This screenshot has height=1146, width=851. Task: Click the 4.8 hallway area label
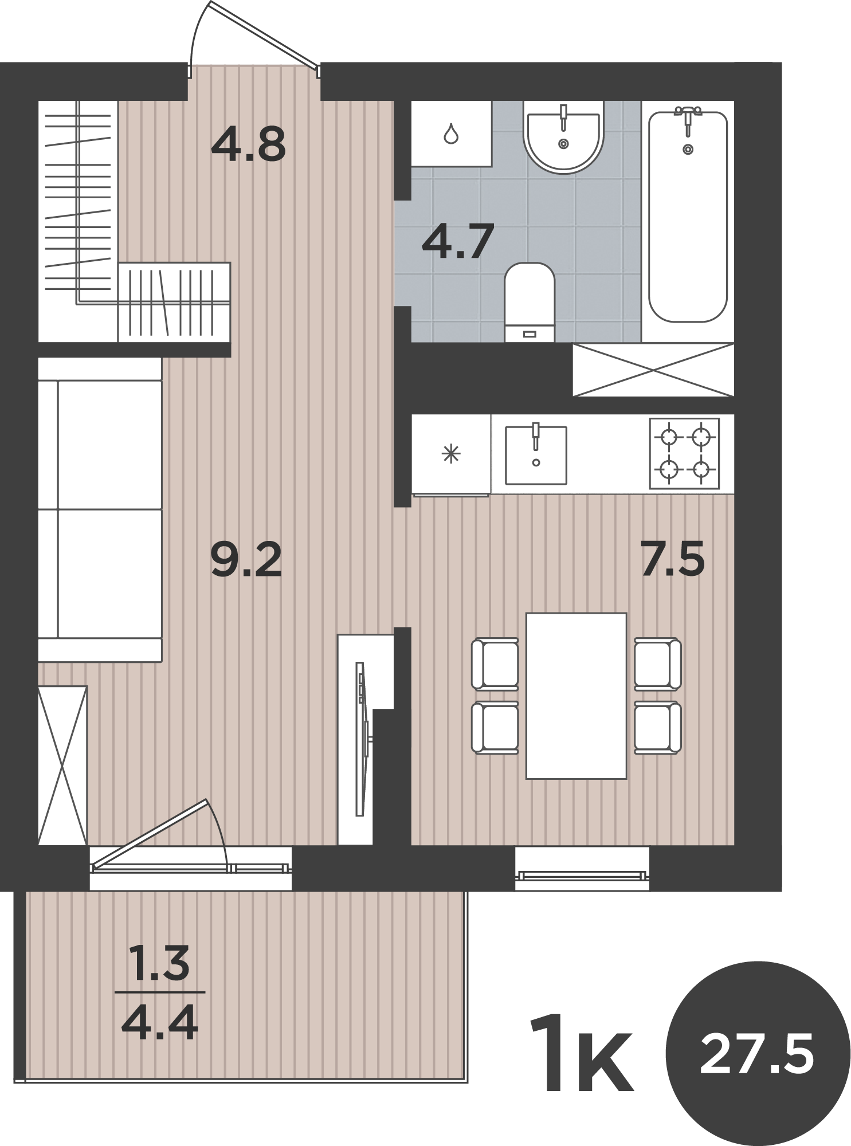[x=248, y=144]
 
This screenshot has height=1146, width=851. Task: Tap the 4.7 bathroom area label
[x=457, y=241]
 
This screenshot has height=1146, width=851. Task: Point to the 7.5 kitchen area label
[x=672, y=559]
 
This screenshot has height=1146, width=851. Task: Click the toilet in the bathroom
[x=530, y=302]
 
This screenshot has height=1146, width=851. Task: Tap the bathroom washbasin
[x=563, y=136]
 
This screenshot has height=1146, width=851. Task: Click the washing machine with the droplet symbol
[x=451, y=134]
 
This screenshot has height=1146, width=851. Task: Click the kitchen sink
[x=536, y=454]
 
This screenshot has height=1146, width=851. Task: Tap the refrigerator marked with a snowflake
[x=451, y=454]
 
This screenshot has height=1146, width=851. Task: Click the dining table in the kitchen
[x=576, y=696]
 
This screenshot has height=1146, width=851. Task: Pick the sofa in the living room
[x=100, y=510]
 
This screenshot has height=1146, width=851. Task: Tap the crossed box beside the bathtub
[x=653, y=370]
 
